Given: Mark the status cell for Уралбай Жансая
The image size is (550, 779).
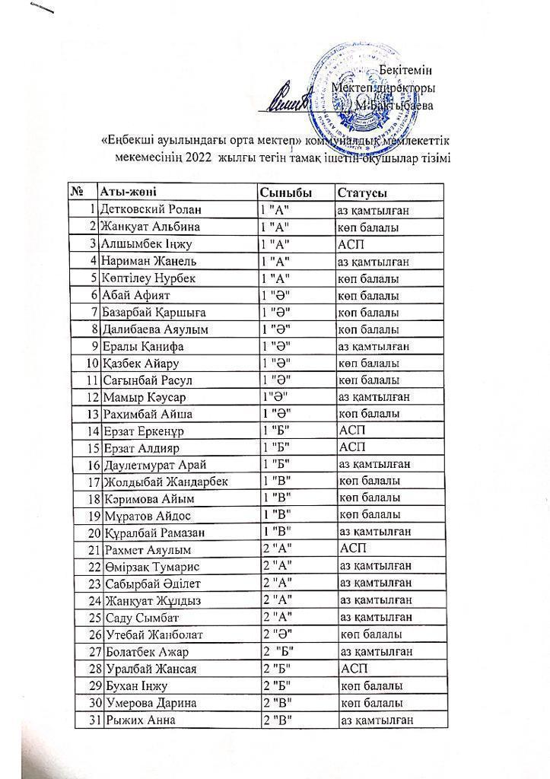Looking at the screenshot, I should (x=354, y=669).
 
